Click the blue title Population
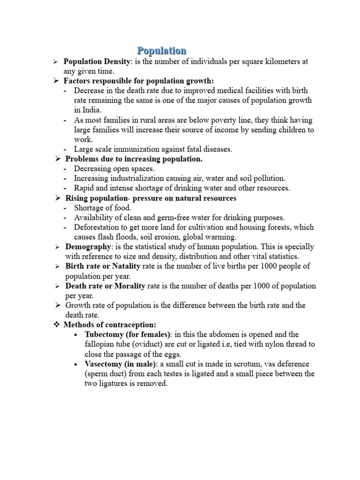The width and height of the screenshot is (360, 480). (x=162, y=50)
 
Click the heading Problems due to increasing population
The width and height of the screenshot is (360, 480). (x=134, y=159)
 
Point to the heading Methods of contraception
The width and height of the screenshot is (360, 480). (x=109, y=325)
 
